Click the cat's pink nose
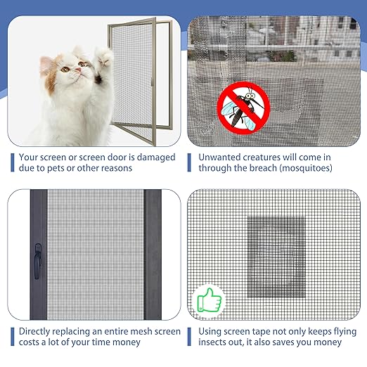click(x=78, y=70)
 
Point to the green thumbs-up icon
click(x=210, y=301)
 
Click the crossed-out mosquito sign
click(x=244, y=108)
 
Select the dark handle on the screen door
click(x=38, y=262)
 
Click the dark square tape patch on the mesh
click(x=276, y=257)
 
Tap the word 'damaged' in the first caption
click(x=156, y=157)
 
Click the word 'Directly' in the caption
click(x=34, y=332)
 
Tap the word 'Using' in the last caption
click(x=210, y=332)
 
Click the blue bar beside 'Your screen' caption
click(x=13, y=162)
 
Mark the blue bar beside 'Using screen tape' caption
click(x=189, y=337)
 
